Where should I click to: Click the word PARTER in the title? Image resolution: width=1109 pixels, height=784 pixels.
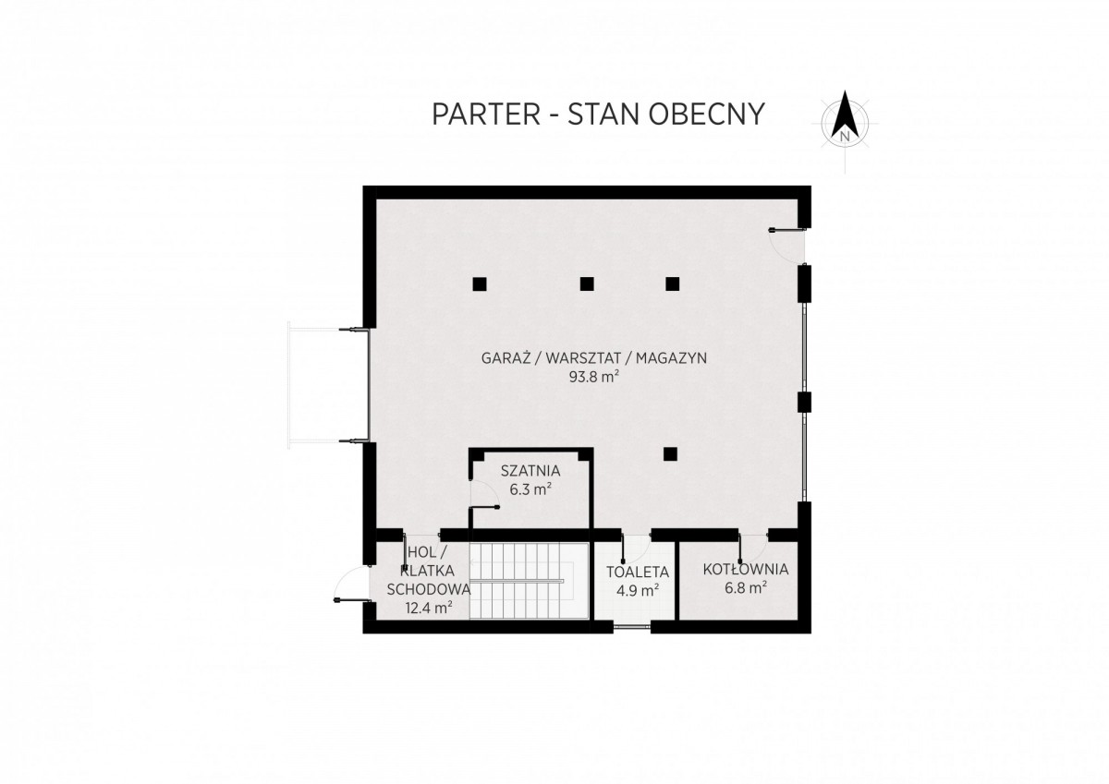coord(486,115)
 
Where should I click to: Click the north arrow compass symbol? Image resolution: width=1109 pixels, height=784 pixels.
coord(846,122)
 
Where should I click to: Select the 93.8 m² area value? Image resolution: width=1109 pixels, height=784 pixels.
coord(594,377)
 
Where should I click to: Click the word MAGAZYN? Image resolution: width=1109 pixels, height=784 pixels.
coord(671,358)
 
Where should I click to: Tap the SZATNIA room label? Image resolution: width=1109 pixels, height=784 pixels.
coord(530,470)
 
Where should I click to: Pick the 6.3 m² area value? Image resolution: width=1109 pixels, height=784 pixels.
coord(530,489)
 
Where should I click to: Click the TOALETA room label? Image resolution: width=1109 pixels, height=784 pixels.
coord(638,573)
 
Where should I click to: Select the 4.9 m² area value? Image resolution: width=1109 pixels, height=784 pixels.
coord(638,590)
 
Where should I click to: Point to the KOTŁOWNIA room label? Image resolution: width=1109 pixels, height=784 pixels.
coord(746,570)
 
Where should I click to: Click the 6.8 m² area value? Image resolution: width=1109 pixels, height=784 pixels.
coord(746,588)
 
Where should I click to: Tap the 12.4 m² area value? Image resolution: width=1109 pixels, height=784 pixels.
coord(429,608)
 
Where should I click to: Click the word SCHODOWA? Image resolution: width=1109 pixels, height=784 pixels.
coord(429,589)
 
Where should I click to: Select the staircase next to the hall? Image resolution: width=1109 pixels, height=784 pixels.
coord(529,580)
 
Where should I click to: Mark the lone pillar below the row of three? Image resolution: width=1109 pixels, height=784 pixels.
coord(671,454)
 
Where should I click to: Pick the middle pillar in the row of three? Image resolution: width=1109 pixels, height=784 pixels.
coord(587,283)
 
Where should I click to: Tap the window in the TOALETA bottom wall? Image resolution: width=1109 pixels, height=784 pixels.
coord(632,627)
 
